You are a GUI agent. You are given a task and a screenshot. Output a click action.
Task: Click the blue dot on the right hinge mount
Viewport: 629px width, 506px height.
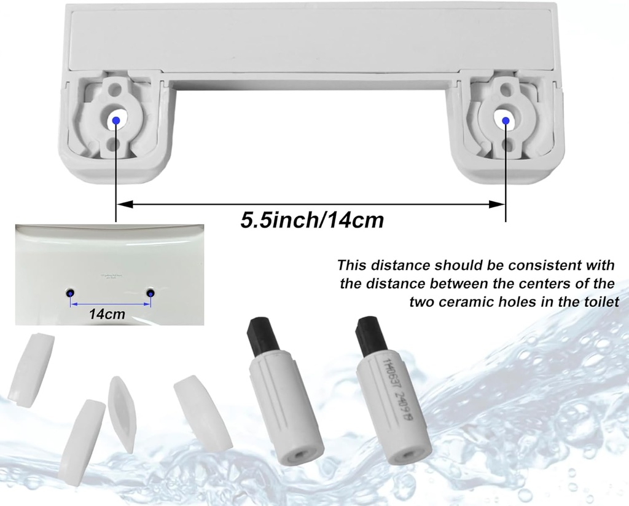click(506, 121)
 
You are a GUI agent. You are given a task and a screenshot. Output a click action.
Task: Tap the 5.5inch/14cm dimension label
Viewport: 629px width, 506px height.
click(311, 219)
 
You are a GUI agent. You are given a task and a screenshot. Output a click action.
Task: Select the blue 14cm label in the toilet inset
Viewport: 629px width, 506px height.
click(107, 314)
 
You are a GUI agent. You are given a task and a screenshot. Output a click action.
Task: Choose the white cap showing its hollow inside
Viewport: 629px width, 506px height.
click(121, 414)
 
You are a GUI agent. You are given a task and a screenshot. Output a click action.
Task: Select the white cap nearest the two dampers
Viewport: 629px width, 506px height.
click(202, 411)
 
